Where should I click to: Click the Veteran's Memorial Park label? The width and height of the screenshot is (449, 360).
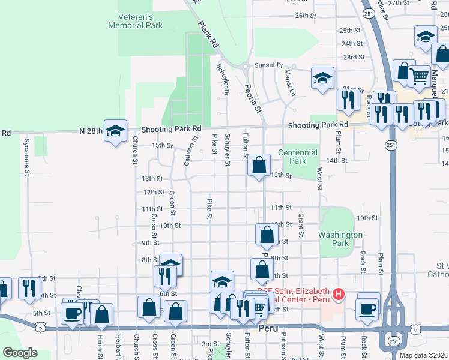pyautogui.click(x=136, y=22)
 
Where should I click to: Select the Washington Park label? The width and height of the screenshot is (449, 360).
pyautogui.click(x=341, y=239)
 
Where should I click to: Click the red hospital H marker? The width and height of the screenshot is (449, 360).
pyautogui.click(x=339, y=294)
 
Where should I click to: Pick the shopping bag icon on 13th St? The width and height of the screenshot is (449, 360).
pyautogui.click(x=259, y=165)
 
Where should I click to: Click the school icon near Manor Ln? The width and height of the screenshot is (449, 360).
pyautogui.click(x=322, y=79)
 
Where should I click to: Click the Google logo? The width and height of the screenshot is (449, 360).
pyautogui.click(x=20, y=353)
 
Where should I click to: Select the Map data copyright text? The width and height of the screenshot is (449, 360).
pyautogui.click(x=423, y=355)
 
